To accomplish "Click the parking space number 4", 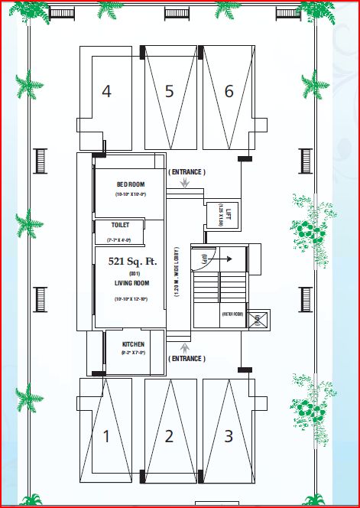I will (x=106, y=92).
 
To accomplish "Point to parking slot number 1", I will (x=106, y=437).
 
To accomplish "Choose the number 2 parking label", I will (x=169, y=437).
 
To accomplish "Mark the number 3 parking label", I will (x=229, y=437).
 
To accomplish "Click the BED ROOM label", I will (x=131, y=184).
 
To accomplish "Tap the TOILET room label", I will (x=121, y=225).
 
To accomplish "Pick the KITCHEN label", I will (x=133, y=344).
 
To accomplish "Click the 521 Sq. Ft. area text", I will (x=132, y=262).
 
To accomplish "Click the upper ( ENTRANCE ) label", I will (x=186, y=172).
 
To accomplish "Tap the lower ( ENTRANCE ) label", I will (x=186, y=358).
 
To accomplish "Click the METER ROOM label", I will (x=232, y=314).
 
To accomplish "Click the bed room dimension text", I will (x=131, y=196).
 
